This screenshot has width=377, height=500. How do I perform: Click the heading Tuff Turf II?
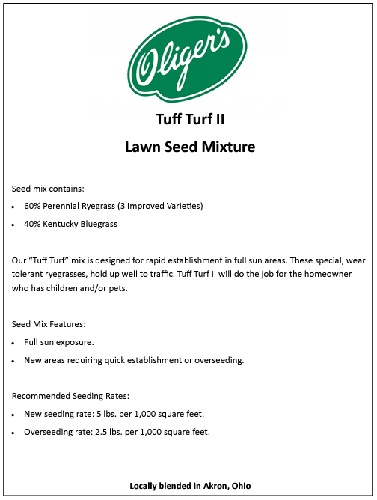tap(189, 119)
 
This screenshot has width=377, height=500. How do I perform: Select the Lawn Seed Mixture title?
tap(189, 147)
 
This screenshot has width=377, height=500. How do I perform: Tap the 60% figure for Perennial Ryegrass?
tap(33, 205)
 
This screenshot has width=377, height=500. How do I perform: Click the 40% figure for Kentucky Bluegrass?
tap(33, 224)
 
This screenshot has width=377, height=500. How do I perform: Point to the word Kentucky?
tap(63, 224)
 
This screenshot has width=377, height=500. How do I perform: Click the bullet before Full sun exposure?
tap(15, 342)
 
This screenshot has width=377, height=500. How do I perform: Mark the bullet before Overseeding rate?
tap(15, 433)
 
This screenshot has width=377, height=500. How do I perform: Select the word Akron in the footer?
tap(213, 486)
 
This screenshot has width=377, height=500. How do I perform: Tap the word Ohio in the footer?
tap(241, 486)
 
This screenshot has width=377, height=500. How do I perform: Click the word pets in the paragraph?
tap(118, 289)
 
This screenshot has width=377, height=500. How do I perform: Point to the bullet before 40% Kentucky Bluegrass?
tap(15, 225)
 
